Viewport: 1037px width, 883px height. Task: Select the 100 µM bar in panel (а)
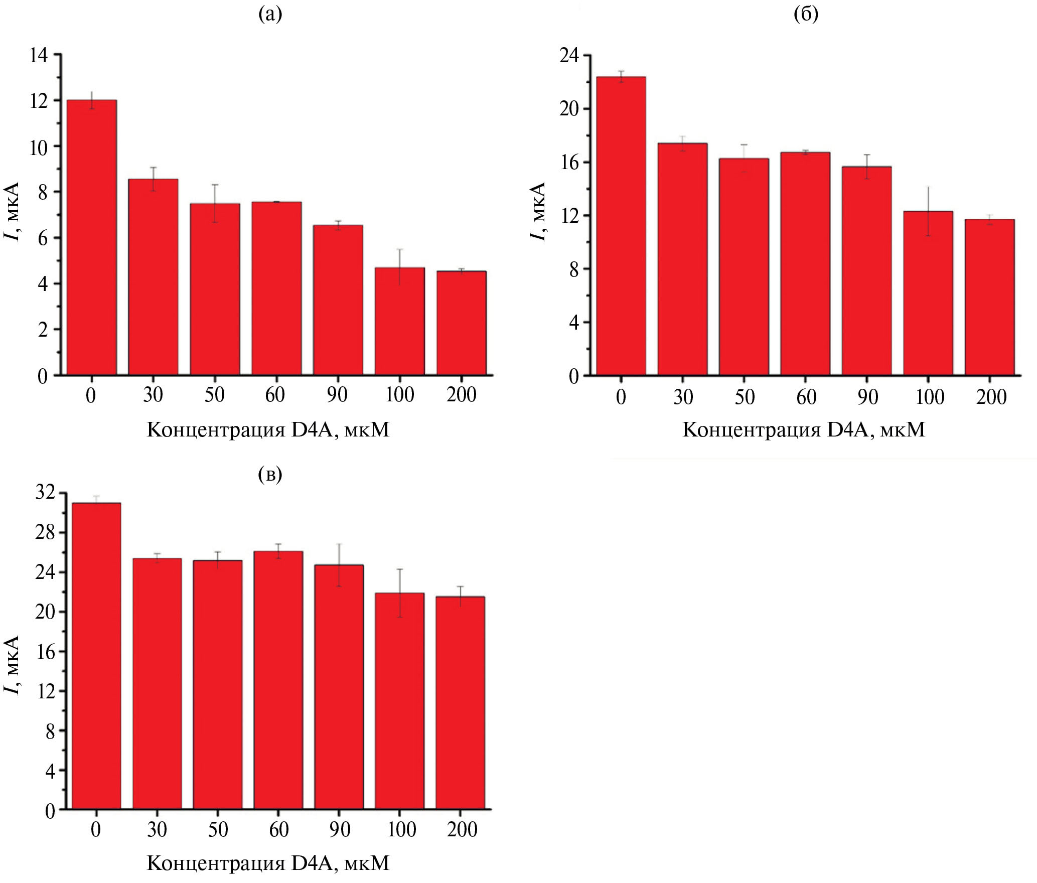point(400,321)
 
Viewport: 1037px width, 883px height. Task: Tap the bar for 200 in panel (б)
point(989,297)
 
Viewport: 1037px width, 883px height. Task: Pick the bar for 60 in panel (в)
point(278,680)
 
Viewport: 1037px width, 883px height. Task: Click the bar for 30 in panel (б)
point(682,259)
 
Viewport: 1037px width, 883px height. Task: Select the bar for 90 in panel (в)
point(339,687)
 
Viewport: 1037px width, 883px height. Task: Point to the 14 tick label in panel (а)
point(39,55)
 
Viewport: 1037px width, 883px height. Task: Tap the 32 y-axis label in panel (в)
point(45,493)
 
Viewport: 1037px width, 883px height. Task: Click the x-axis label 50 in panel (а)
point(214,395)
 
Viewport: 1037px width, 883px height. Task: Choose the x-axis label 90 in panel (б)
point(867,397)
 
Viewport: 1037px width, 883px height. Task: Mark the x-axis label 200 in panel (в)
point(462,830)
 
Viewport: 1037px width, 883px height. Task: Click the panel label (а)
point(270,15)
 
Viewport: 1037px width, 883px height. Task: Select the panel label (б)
point(806,15)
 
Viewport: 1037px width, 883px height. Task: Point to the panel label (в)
point(270,474)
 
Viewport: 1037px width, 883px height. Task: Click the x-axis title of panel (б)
point(804,430)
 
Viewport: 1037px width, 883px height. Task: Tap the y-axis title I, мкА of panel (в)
point(12,665)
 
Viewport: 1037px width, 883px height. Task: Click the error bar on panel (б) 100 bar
point(928,211)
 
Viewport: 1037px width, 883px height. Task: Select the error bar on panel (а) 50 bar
point(215,203)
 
